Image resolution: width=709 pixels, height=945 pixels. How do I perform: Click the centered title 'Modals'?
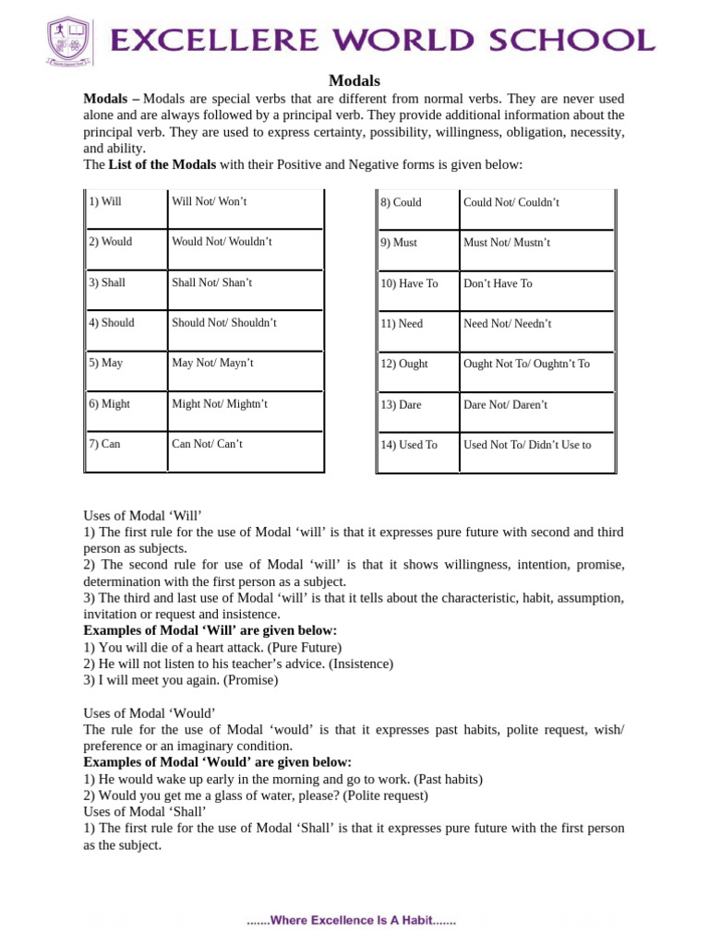[354, 81]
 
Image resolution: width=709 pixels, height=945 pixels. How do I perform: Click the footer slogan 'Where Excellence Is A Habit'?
[351, 921]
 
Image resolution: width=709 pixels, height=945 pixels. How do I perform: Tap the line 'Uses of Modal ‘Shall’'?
[145, 812]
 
